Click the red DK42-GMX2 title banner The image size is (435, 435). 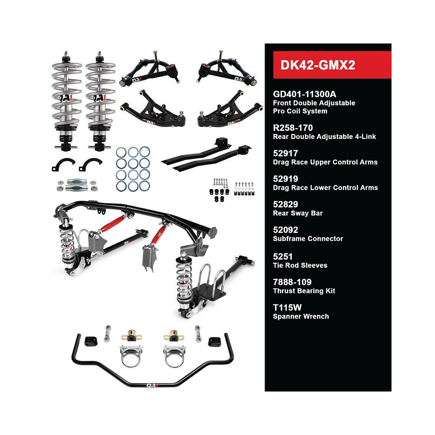click(328, 65)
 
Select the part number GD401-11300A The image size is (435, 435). click(304, 94)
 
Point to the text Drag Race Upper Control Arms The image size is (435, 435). click(325, 162)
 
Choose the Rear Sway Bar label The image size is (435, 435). click(297, 213)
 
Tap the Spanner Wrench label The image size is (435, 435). click(301, 316)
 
